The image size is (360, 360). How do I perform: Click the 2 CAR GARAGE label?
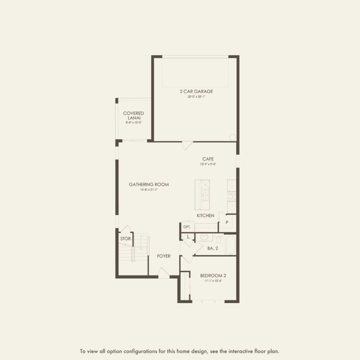click(x=196, y=91)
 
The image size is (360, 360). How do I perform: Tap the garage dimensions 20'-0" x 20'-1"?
click(x=196, y=97)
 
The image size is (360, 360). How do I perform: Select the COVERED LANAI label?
click(x=134, y=116)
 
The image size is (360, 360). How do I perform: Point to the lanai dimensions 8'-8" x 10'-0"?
click(x=134, y=122)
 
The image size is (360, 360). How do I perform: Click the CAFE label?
click(x=208, y=159)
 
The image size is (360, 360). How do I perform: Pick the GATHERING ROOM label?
click(x=149, y=185)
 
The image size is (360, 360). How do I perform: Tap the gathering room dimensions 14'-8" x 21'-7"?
click(x=149, y=190)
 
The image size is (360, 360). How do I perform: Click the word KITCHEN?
click(x=206, y=215)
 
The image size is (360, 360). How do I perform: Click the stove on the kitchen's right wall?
click(x=232, y=197)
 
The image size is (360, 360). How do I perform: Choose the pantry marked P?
click(x=227, y=222)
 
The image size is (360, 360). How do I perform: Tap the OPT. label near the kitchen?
click(x=187, y=227)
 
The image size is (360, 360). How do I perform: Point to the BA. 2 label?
click(x=213, y=248)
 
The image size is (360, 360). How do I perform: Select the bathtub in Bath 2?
click(x=230, y=244)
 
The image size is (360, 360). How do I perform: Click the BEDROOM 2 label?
click(x=213, y=275)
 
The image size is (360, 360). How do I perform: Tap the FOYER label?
click(x=163, y=256)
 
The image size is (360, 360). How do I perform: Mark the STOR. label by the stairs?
click(x=125, y=238)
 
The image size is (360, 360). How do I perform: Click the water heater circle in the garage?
click(x=232, y=137)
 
